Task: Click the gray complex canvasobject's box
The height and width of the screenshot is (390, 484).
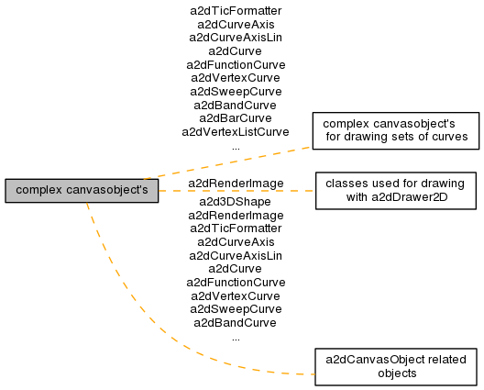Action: click(x=82, y=191)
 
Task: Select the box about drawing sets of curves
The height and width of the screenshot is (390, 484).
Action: click(x=396, y=130)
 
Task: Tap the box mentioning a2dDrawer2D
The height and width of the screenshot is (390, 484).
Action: click(x=396, y=191)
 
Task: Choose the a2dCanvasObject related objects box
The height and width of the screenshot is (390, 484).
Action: click(x=396, y=367)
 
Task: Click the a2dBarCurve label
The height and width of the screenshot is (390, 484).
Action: click(x=236, y=118)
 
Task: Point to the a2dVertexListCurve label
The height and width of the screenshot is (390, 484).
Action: click(x=236, y=132)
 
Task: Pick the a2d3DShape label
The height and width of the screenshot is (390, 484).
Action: click(x=236, y=202)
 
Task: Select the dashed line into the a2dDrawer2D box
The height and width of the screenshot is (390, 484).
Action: click(x=236, y=191)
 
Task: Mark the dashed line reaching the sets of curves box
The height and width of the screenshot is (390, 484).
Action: click(x=228, y=162)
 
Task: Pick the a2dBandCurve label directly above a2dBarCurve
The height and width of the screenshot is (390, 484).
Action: click(x=236, y=106)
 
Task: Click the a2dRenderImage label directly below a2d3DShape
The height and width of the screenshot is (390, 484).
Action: click(x=236, y=216)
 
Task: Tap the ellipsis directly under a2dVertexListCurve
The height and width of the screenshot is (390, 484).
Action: click(x=236, y=149)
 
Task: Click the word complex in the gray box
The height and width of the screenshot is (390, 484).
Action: click(x=38, y=190)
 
